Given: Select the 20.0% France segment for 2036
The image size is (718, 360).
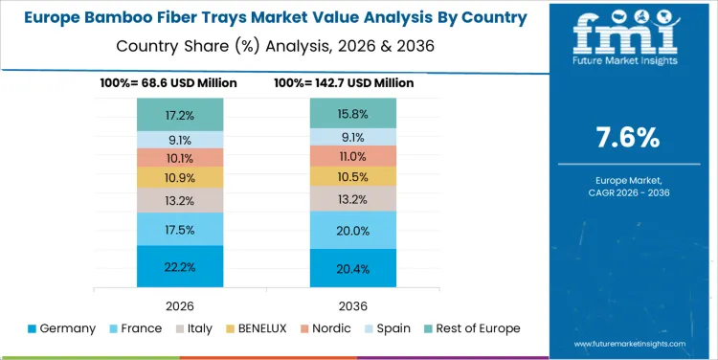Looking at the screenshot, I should tap(352, 230).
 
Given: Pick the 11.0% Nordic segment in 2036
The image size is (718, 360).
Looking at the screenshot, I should tap(352, 156).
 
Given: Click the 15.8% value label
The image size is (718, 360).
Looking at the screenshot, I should tap(352, 114).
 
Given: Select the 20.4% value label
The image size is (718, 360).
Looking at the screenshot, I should tap(352, 269).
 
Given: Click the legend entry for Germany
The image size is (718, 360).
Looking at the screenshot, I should tap(62, 328).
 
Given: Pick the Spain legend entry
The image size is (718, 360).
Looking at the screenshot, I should tap(388, 328).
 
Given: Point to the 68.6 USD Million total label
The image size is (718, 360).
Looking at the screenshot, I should tap(168, 83).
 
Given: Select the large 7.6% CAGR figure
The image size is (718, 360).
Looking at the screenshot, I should tap(627, 138).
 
